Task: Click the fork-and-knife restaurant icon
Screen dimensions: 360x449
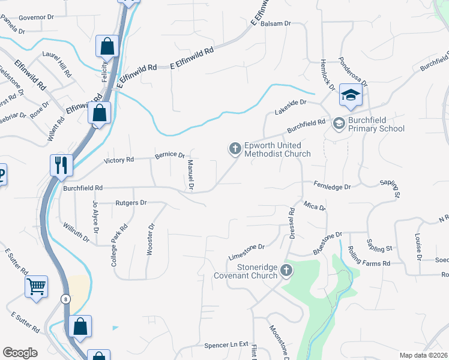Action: (61, 165)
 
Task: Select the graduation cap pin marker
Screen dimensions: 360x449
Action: (351, 94)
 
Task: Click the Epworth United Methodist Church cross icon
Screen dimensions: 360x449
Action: (234, 148)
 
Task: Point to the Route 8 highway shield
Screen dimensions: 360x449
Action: (65, 298)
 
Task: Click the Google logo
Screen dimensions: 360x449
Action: (20, 352)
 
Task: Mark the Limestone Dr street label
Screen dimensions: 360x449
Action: (247, 251)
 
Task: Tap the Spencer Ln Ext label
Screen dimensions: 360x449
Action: (226, 345)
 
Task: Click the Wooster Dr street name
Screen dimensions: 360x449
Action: (151, 239)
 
